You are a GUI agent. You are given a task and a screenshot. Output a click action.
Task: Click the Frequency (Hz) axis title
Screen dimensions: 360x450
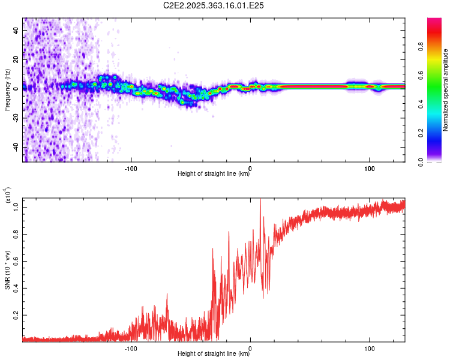pyautogui.click(x=7, y=91)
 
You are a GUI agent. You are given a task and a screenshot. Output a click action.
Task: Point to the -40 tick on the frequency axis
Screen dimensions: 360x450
pyautogui.click(x=15, y=147)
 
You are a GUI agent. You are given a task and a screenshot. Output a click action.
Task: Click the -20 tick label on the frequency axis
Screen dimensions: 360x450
pyautogui.click(x=15, y=118)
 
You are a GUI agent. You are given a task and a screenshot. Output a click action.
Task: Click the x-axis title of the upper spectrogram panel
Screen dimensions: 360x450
pyautogui.click(x=214, y=174)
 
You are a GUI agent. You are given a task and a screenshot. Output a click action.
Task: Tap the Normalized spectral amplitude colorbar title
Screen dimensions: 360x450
pyautogui.click(x=446, y=90)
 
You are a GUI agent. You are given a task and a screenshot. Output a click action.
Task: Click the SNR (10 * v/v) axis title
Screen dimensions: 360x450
pyautogui.click(x=7, y=270)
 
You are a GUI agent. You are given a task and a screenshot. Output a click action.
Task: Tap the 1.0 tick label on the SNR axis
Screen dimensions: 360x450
pyautogui.click(x=16, y=207)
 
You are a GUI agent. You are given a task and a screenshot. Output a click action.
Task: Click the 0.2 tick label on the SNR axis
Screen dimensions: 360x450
pyautogui.click(x=16, y=314)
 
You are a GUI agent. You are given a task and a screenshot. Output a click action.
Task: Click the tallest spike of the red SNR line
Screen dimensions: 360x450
pyautogui.click(x=260, y=200)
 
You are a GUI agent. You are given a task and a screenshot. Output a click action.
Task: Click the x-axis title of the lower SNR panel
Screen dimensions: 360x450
pyautogui.click(x=214, y=354)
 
